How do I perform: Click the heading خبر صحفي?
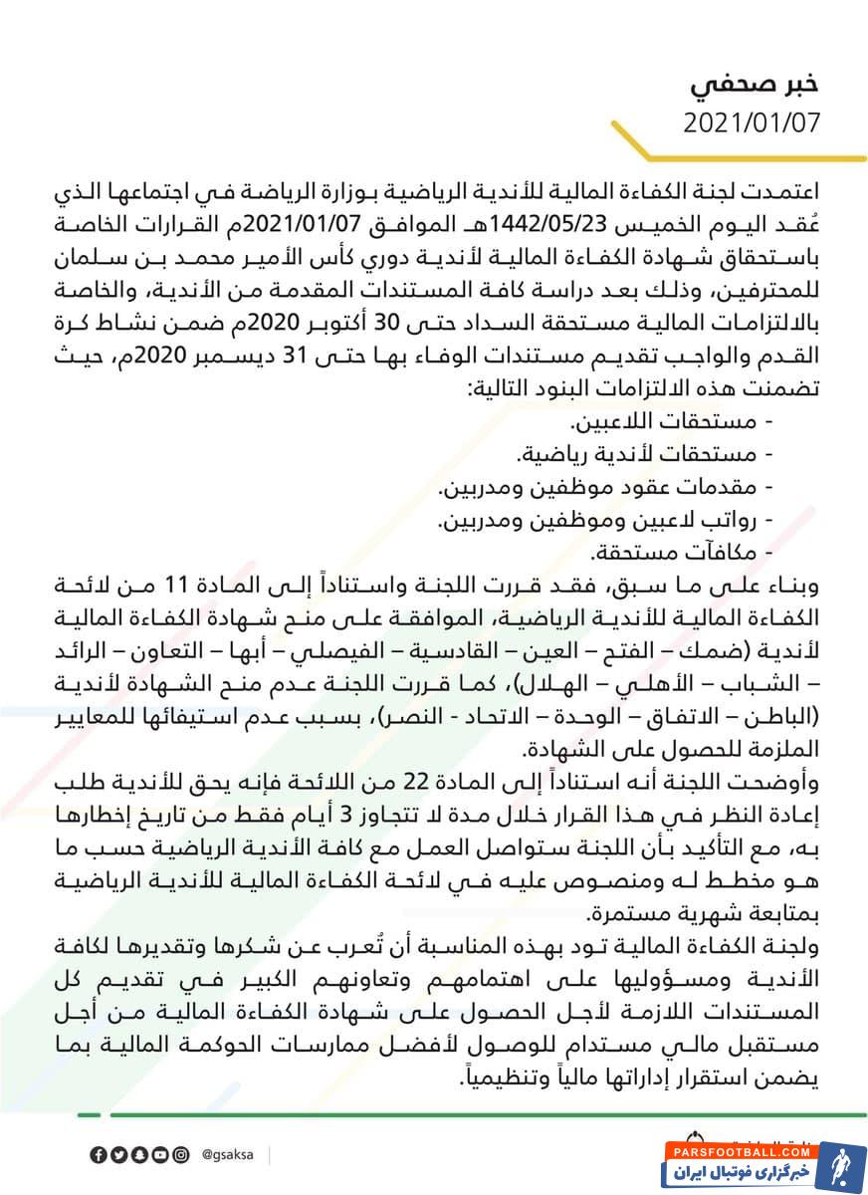(756, 85)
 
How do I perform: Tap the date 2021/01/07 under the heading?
(752, 123)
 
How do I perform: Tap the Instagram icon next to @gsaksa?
(180, 1154)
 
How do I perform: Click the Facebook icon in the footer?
(98, 1154)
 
